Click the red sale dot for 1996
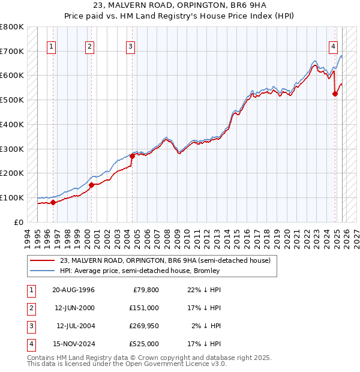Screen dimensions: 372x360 (x=53, y=202)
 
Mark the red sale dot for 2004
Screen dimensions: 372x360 (x=132, y=156)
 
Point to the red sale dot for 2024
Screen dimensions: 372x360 (x=335, y=94)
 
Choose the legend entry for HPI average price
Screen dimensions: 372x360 (x=140, y=271)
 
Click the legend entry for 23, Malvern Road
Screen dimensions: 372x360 (x=165, y=260)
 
